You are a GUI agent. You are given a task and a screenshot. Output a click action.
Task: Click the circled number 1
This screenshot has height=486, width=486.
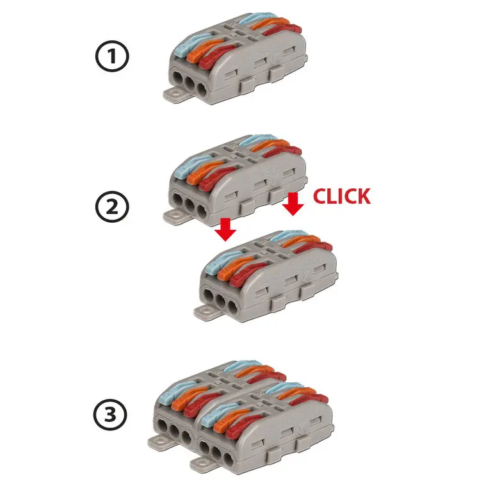point(111,56)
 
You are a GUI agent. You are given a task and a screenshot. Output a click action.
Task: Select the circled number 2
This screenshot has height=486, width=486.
point(112,206)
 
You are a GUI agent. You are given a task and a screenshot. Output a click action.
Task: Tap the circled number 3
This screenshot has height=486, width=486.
point(110,414)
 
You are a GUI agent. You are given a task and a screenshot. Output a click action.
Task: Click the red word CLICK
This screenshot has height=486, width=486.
point(342,196)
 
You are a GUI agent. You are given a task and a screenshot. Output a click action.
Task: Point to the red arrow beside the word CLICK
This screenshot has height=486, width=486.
point(293,204)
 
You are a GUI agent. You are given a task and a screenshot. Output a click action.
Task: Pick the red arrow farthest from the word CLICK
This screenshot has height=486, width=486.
point(226,229)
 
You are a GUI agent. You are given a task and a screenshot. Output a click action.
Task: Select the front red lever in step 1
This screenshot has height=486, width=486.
point(216,57)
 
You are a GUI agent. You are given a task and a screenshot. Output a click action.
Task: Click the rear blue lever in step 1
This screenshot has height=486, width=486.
point(258,18)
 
